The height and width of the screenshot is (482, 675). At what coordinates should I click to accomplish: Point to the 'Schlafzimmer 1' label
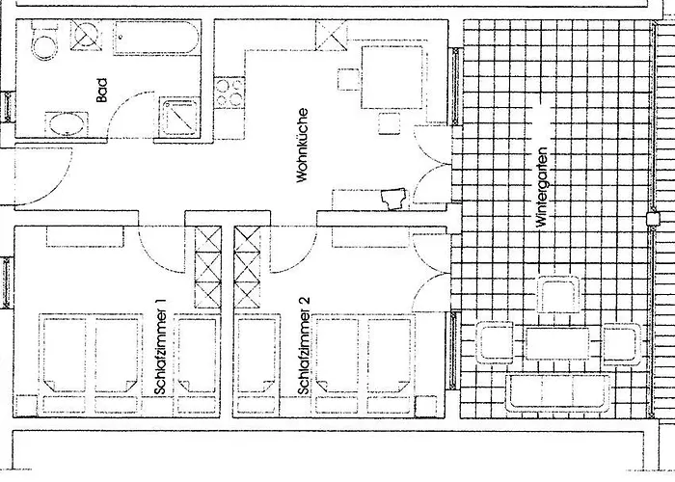pyautogui.click(x=161, y=346)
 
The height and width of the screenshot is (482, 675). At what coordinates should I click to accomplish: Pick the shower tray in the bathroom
pyautogui.click(x=178, y=116)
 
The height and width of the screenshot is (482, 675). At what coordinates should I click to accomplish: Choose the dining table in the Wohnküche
pyautogui.click(x=391, y=78)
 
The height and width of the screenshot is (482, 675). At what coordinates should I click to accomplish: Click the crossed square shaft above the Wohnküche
pyautogui.click(x=330, y=35)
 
